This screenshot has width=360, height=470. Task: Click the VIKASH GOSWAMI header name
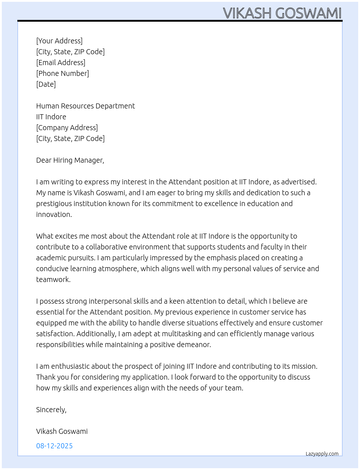tap(282, 13)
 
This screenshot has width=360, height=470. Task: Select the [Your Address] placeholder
tap(59, 41)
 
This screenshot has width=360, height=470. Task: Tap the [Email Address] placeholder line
tap(61, 63)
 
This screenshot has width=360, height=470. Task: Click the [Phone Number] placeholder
tap(63, 73)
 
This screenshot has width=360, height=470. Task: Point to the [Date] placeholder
tap(46, 84)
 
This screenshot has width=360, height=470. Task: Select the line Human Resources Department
tap(85, 106)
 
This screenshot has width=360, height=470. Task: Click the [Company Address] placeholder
tap(67, 128)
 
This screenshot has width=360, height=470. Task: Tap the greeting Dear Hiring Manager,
tap(70, 160)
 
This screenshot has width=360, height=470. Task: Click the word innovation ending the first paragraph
tap(54, 214)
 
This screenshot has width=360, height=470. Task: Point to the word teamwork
tap(53, 279)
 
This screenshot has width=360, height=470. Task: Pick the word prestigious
tap(54, 204)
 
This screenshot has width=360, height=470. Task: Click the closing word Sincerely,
tap(51, 410)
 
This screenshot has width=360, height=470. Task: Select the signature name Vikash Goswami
tap(62, 431)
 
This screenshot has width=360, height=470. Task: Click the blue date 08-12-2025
tap(54, 446)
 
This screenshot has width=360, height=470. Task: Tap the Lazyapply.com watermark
tap(322, 454)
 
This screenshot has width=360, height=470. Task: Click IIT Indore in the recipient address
tap(51, 117)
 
